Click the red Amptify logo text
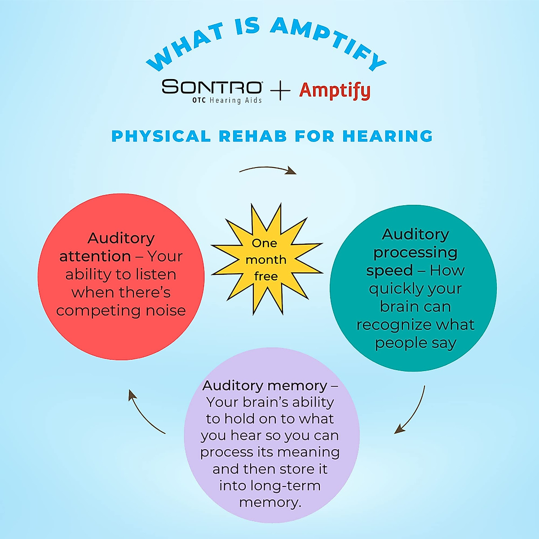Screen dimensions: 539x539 (x=335, y=91)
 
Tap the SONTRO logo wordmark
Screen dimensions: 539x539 (x=212, y=87)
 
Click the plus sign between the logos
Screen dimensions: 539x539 (x=281, y=91)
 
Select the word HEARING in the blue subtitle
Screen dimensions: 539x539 (x=387, y=136)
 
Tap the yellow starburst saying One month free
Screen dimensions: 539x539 (x=266, y=260)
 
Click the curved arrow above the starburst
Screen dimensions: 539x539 (x=268, y=170)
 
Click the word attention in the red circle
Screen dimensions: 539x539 (x=95, y=256)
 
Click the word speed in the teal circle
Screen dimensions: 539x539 (x=389, y=270)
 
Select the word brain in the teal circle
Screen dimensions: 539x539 (x=396, y=306)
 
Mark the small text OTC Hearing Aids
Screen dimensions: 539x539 (x=227, y=101)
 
